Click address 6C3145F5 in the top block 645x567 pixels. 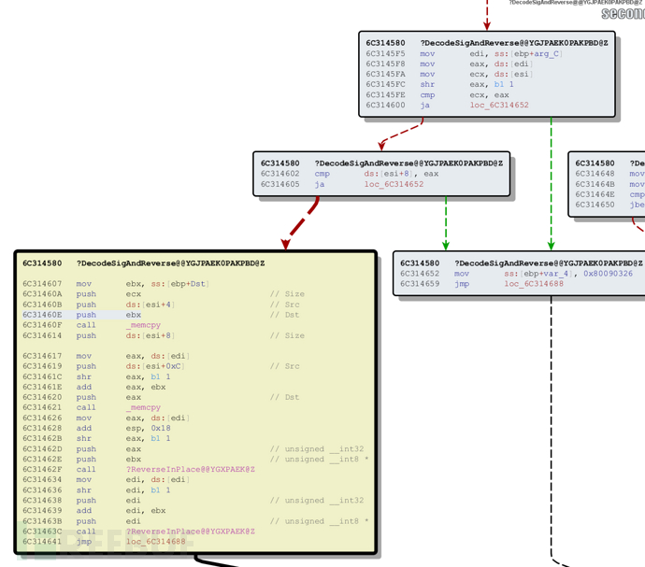[x=384, y=53]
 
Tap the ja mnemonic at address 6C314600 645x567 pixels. [x=425, y=105]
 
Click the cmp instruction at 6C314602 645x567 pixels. [x=322, y=173]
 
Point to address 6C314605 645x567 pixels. [x=279, y=184]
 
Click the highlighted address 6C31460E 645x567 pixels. [x=42, y=315]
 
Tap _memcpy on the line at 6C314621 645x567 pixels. [x=144, y=407]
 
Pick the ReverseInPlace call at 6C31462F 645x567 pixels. [x=191, y=469]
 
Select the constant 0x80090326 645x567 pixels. [x=608, y=274]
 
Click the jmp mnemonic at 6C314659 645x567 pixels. [x=461, y=284]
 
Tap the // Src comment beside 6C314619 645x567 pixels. [x=285, y=366]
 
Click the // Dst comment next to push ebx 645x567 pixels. [x=285, y=315]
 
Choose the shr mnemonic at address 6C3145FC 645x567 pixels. [x=427, y=84]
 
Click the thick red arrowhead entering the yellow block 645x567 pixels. [x=286, y=244]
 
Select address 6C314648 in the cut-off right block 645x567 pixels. [x=595, y=174]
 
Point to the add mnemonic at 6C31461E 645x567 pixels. [x=84, y=387]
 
